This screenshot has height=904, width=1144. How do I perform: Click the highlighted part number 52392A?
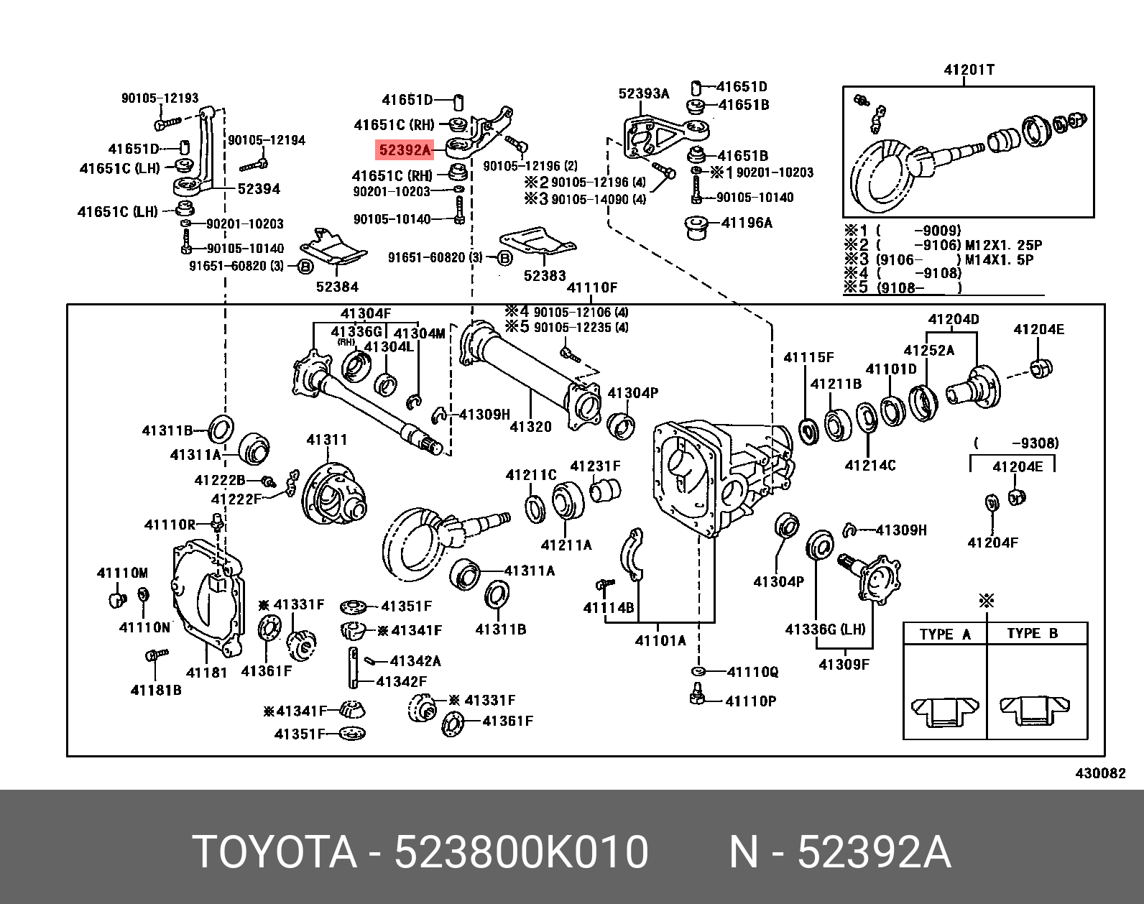[x=405, y=150]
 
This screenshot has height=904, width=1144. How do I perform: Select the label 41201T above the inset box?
[x=969, y=70]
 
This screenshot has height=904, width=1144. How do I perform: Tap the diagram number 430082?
[x=1100, y=773]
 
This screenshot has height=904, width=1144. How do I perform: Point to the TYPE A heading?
[x=945, y=634]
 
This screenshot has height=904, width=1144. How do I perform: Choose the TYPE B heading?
[x=1032, y=633]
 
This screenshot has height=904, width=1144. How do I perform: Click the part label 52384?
[x=337, y=287]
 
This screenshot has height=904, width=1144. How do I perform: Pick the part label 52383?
[x=545, y=275]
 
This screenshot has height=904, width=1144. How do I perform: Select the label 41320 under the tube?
[x=530, y=427]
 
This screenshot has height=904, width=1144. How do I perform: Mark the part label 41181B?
[x=155, y=691]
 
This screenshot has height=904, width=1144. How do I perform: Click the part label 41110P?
[x=750, y=701]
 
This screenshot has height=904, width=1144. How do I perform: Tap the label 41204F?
[x=992, y=543]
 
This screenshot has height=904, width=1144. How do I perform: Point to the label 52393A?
[x=644, y=93]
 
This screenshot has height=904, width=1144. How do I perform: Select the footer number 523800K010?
[x=521, y=853]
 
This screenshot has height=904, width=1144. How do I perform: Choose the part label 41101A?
[x=660, y=640]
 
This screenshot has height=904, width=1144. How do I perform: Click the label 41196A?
[x=746, y=223]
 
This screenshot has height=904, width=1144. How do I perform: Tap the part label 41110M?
[x=122, y=573]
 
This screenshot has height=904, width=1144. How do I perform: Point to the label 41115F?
[x=808, y=357]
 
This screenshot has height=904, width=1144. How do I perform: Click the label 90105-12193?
[x=160, y=98]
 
